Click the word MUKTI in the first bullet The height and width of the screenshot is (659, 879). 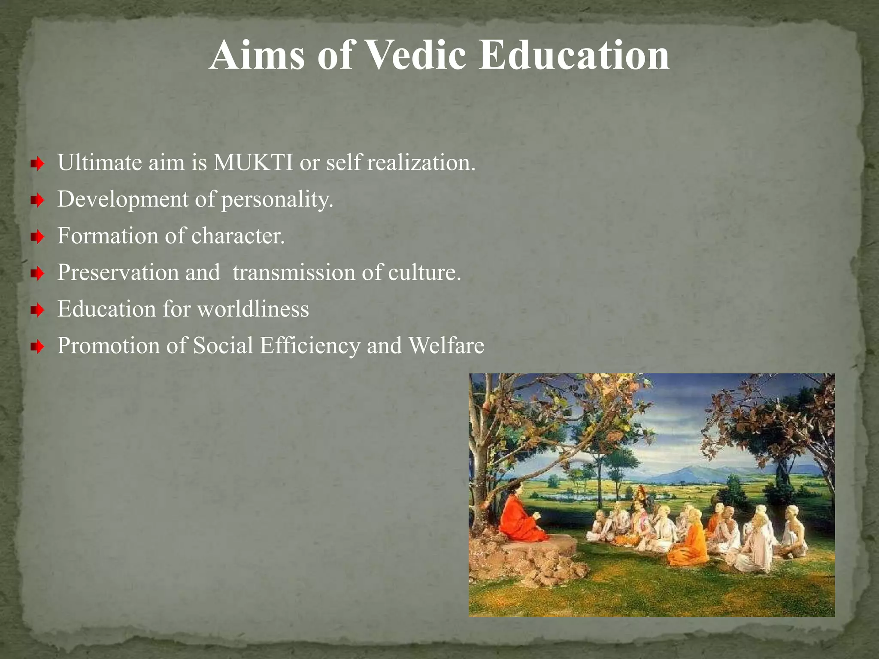point(253,163)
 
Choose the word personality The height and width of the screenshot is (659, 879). point(277,200)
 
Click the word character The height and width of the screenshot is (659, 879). point(238,236)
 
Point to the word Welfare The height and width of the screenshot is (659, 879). point(446,345)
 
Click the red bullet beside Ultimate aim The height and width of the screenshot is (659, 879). point(38,163)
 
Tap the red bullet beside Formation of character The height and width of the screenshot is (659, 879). point(38,236)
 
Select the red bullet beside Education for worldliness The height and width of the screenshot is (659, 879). point(38,309)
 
